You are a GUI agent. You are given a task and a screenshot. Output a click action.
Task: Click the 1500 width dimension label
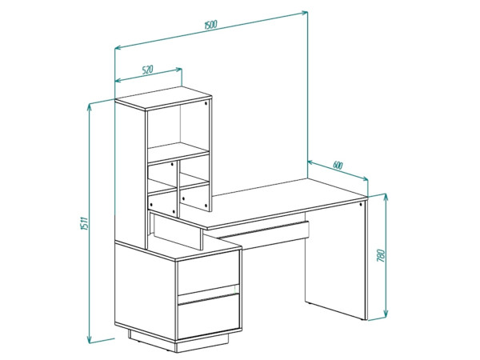click(210, 25)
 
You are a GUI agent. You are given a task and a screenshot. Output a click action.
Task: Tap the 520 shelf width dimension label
click(147, 70)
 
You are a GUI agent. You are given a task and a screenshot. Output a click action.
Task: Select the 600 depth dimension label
click(338, 166)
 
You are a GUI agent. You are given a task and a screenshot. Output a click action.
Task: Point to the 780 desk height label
click(381, 256)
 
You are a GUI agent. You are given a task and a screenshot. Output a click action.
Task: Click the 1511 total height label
click(84, 223)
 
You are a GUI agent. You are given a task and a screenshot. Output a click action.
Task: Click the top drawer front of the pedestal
click(209, 273)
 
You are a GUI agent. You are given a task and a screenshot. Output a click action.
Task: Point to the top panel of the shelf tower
click(163, 98)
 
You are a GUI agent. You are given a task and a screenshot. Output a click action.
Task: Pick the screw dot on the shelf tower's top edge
click(206, 103)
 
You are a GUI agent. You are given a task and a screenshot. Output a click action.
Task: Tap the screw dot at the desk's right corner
click(362, 204)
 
